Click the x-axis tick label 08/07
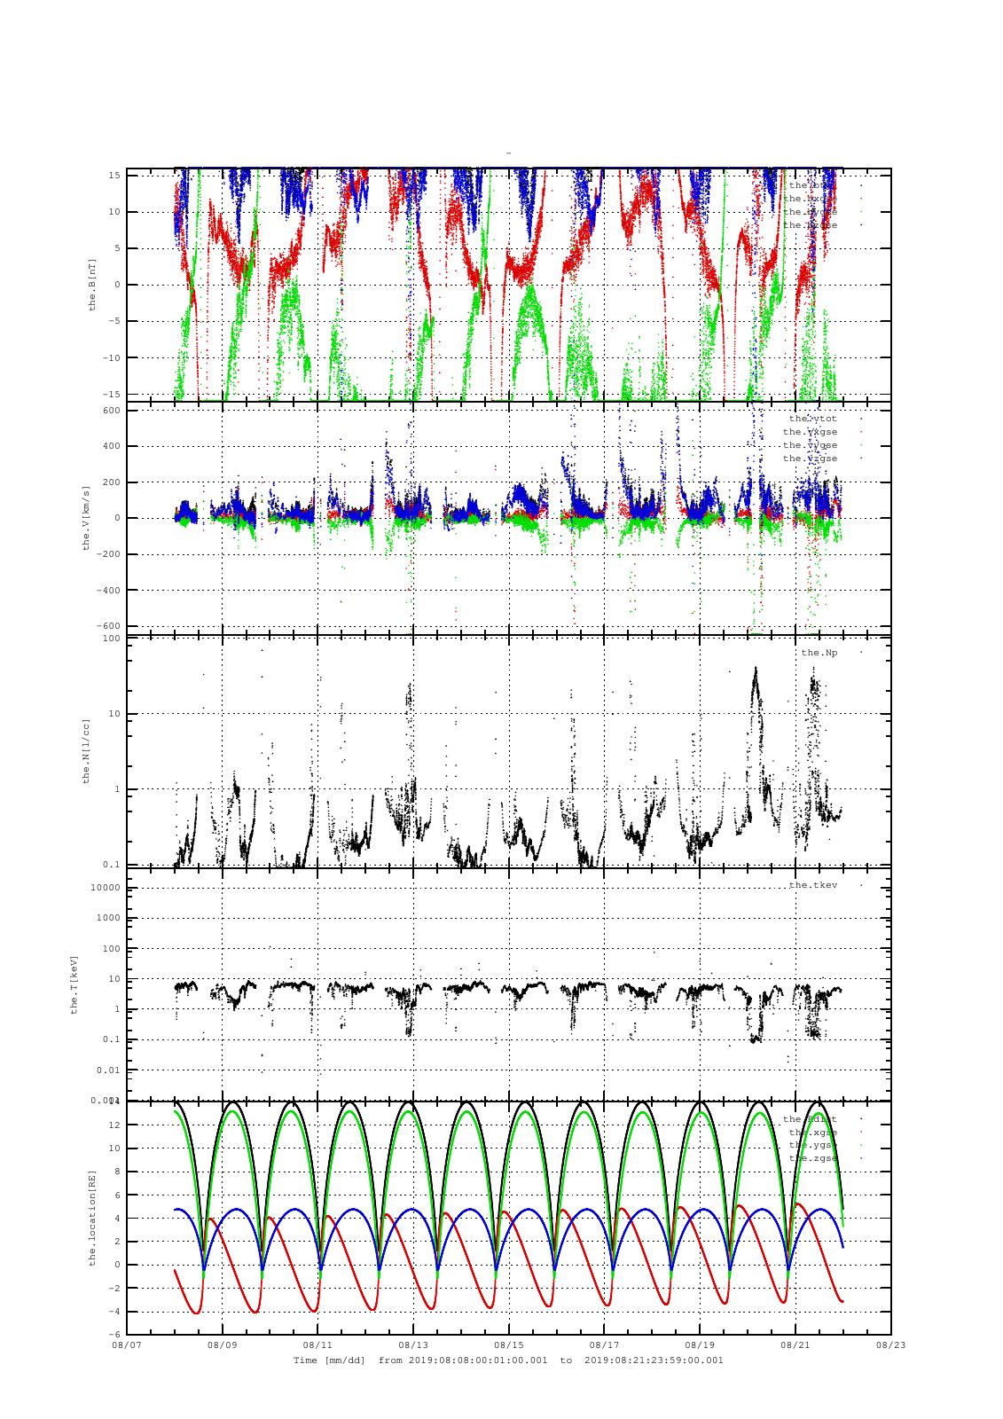click(126, 1345)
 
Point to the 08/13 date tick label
click(413, 1345)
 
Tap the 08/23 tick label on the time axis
click(891, 1345)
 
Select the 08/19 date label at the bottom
click(700, 1345)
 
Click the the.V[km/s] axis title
click(86, 518)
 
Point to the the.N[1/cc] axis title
click(86, 750)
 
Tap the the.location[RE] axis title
click(91, 1218)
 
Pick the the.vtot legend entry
click(812, 419)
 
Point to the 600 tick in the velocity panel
click(111, 410)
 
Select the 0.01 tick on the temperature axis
click(107, 1070)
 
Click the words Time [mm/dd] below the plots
click(329, 1360)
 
